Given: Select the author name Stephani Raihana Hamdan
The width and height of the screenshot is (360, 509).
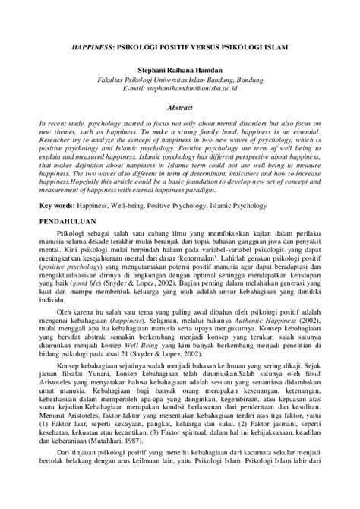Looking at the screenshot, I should [x=180, y=68].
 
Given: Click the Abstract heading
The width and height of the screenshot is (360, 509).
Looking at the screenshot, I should [x=180, y=109].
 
